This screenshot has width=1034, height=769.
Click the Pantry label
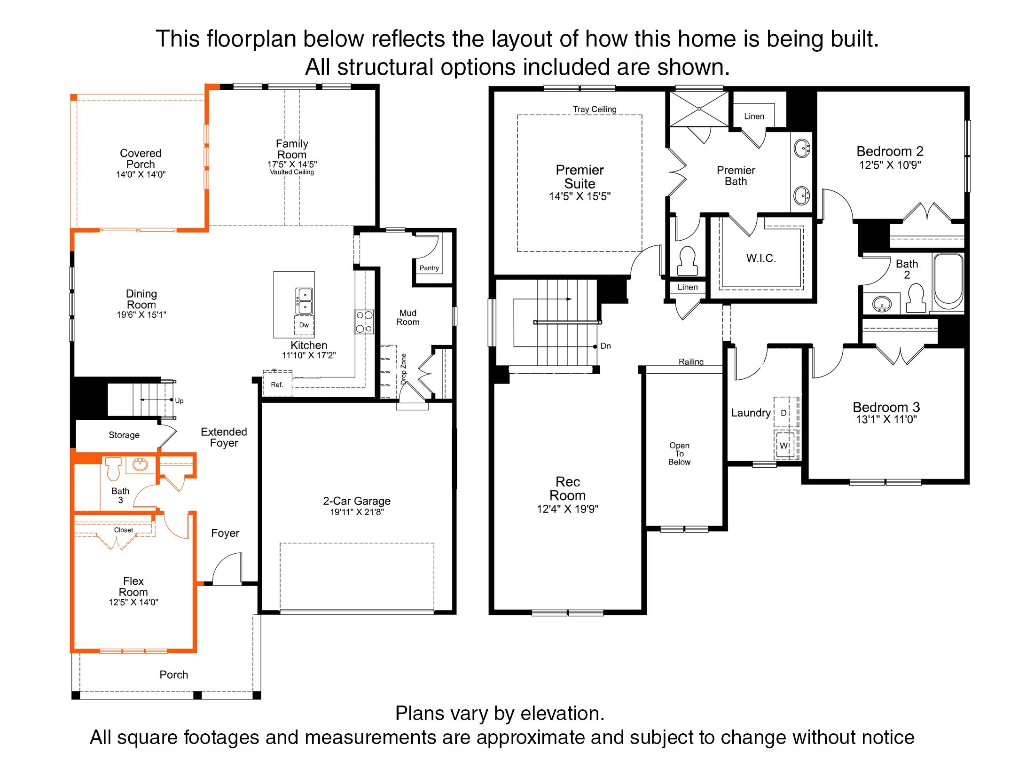point(429,268)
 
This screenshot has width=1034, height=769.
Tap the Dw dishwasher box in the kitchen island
point(304,325)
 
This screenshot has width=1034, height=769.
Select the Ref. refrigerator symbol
point(277,384)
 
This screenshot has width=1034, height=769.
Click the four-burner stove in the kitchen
point(364,322)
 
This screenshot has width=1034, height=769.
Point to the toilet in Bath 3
point(113,468)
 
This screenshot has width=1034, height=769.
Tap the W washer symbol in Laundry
point(784,446)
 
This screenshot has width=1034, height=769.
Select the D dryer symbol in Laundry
point(784,412)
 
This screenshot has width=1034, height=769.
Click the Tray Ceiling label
point(595,109)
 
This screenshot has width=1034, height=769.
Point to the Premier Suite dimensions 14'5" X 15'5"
point(580,196)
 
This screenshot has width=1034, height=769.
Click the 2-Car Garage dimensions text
point(357,512)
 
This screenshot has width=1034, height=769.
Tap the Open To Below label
point(679,454)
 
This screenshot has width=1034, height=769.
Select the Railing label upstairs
point(691,361)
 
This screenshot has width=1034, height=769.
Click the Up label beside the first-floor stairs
point(179,401)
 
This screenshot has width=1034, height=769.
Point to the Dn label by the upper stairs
point(606,346)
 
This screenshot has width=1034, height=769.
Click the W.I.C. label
point(761,258)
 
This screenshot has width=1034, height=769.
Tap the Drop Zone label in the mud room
point(403,369)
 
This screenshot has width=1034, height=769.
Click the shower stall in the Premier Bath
point(699,109)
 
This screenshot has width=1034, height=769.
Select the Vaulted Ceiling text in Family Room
point(292,172)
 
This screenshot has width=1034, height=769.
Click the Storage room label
point(124,435)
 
